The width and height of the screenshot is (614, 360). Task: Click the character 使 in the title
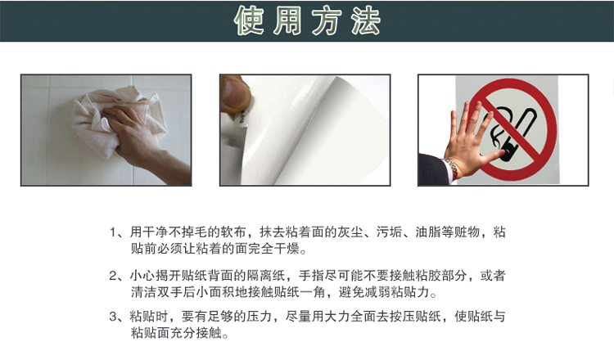point(249,20)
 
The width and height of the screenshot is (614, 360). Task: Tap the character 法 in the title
point(366,20)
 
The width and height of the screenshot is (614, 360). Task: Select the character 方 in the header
point(327,20)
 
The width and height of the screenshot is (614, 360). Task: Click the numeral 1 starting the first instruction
point(113,232)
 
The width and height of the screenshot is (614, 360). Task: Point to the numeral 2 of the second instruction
point(113,276)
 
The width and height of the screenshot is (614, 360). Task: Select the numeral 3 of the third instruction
point(113,316)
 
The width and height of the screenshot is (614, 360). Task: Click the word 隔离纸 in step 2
point(265,276)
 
